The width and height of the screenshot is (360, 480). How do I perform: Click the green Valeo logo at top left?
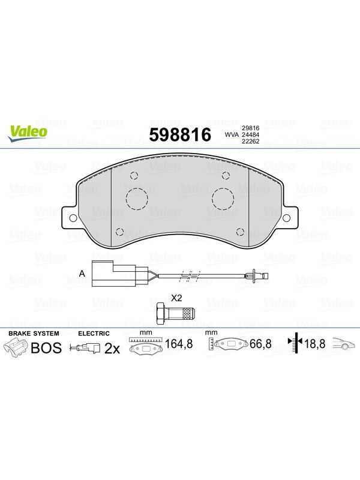pyautogui.click(x=28, y=133)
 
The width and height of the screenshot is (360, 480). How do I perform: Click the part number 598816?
pyautogui.click(x=180, y=134)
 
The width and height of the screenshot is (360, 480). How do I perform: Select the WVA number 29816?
pyautogui.click(x=250, y=128)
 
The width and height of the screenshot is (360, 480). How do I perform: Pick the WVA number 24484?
pyautogui.click(x=250, y=134)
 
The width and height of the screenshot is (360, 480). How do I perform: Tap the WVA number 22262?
pyautogui.click(x=250, y=141)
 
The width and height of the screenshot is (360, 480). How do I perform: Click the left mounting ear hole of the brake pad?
pyautogui.click(x=73, y=218)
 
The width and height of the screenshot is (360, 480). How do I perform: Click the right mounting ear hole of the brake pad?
pyautogui.click(x=286, y=218)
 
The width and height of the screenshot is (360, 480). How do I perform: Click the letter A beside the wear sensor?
pyautogui.click(x=82, y=274)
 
